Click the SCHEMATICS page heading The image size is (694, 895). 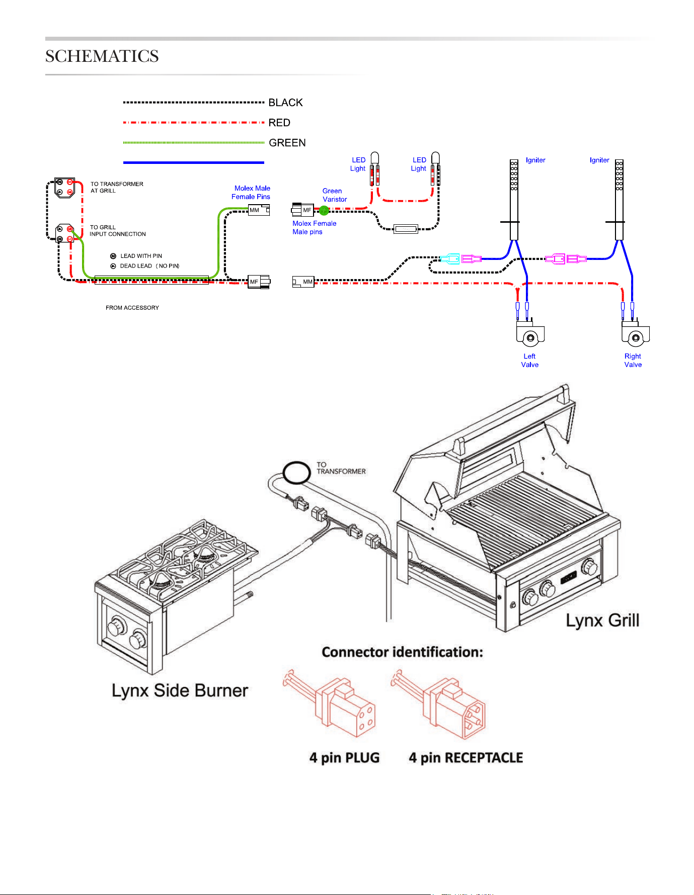tap(102, 56)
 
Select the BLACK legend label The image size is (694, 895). tap(285, 103)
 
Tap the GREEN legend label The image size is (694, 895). tap(287, 143)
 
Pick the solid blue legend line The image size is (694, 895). tap(194, 162)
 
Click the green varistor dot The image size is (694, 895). tap(324, 211)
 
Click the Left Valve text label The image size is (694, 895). tap(530, 361)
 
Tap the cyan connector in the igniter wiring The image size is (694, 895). tap(449, 259)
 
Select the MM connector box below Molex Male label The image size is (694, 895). tap(259, 210)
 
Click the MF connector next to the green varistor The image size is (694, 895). tap(303, 210)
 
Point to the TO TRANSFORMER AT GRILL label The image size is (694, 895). tap(117, 188)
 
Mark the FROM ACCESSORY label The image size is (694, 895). tap(132, 308)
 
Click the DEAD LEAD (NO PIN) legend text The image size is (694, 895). tap(149, 266)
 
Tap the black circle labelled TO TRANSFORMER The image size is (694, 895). tap(296, 473)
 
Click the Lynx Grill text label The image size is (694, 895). tap(602, 620)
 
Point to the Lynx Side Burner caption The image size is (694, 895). tap(180, 690)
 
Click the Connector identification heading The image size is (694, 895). tap(403, 652)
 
